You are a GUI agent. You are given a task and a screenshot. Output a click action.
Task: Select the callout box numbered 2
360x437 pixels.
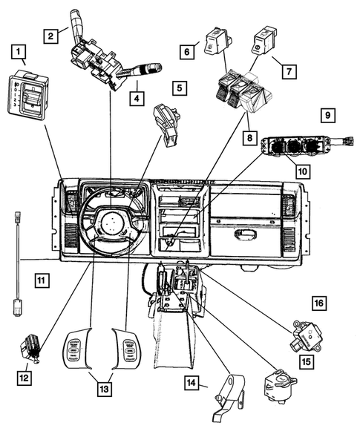(50, 34)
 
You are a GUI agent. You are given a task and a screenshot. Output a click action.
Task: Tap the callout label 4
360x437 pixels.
(136, 96)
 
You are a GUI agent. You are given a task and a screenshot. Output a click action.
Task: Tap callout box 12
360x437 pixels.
(24, 378)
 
